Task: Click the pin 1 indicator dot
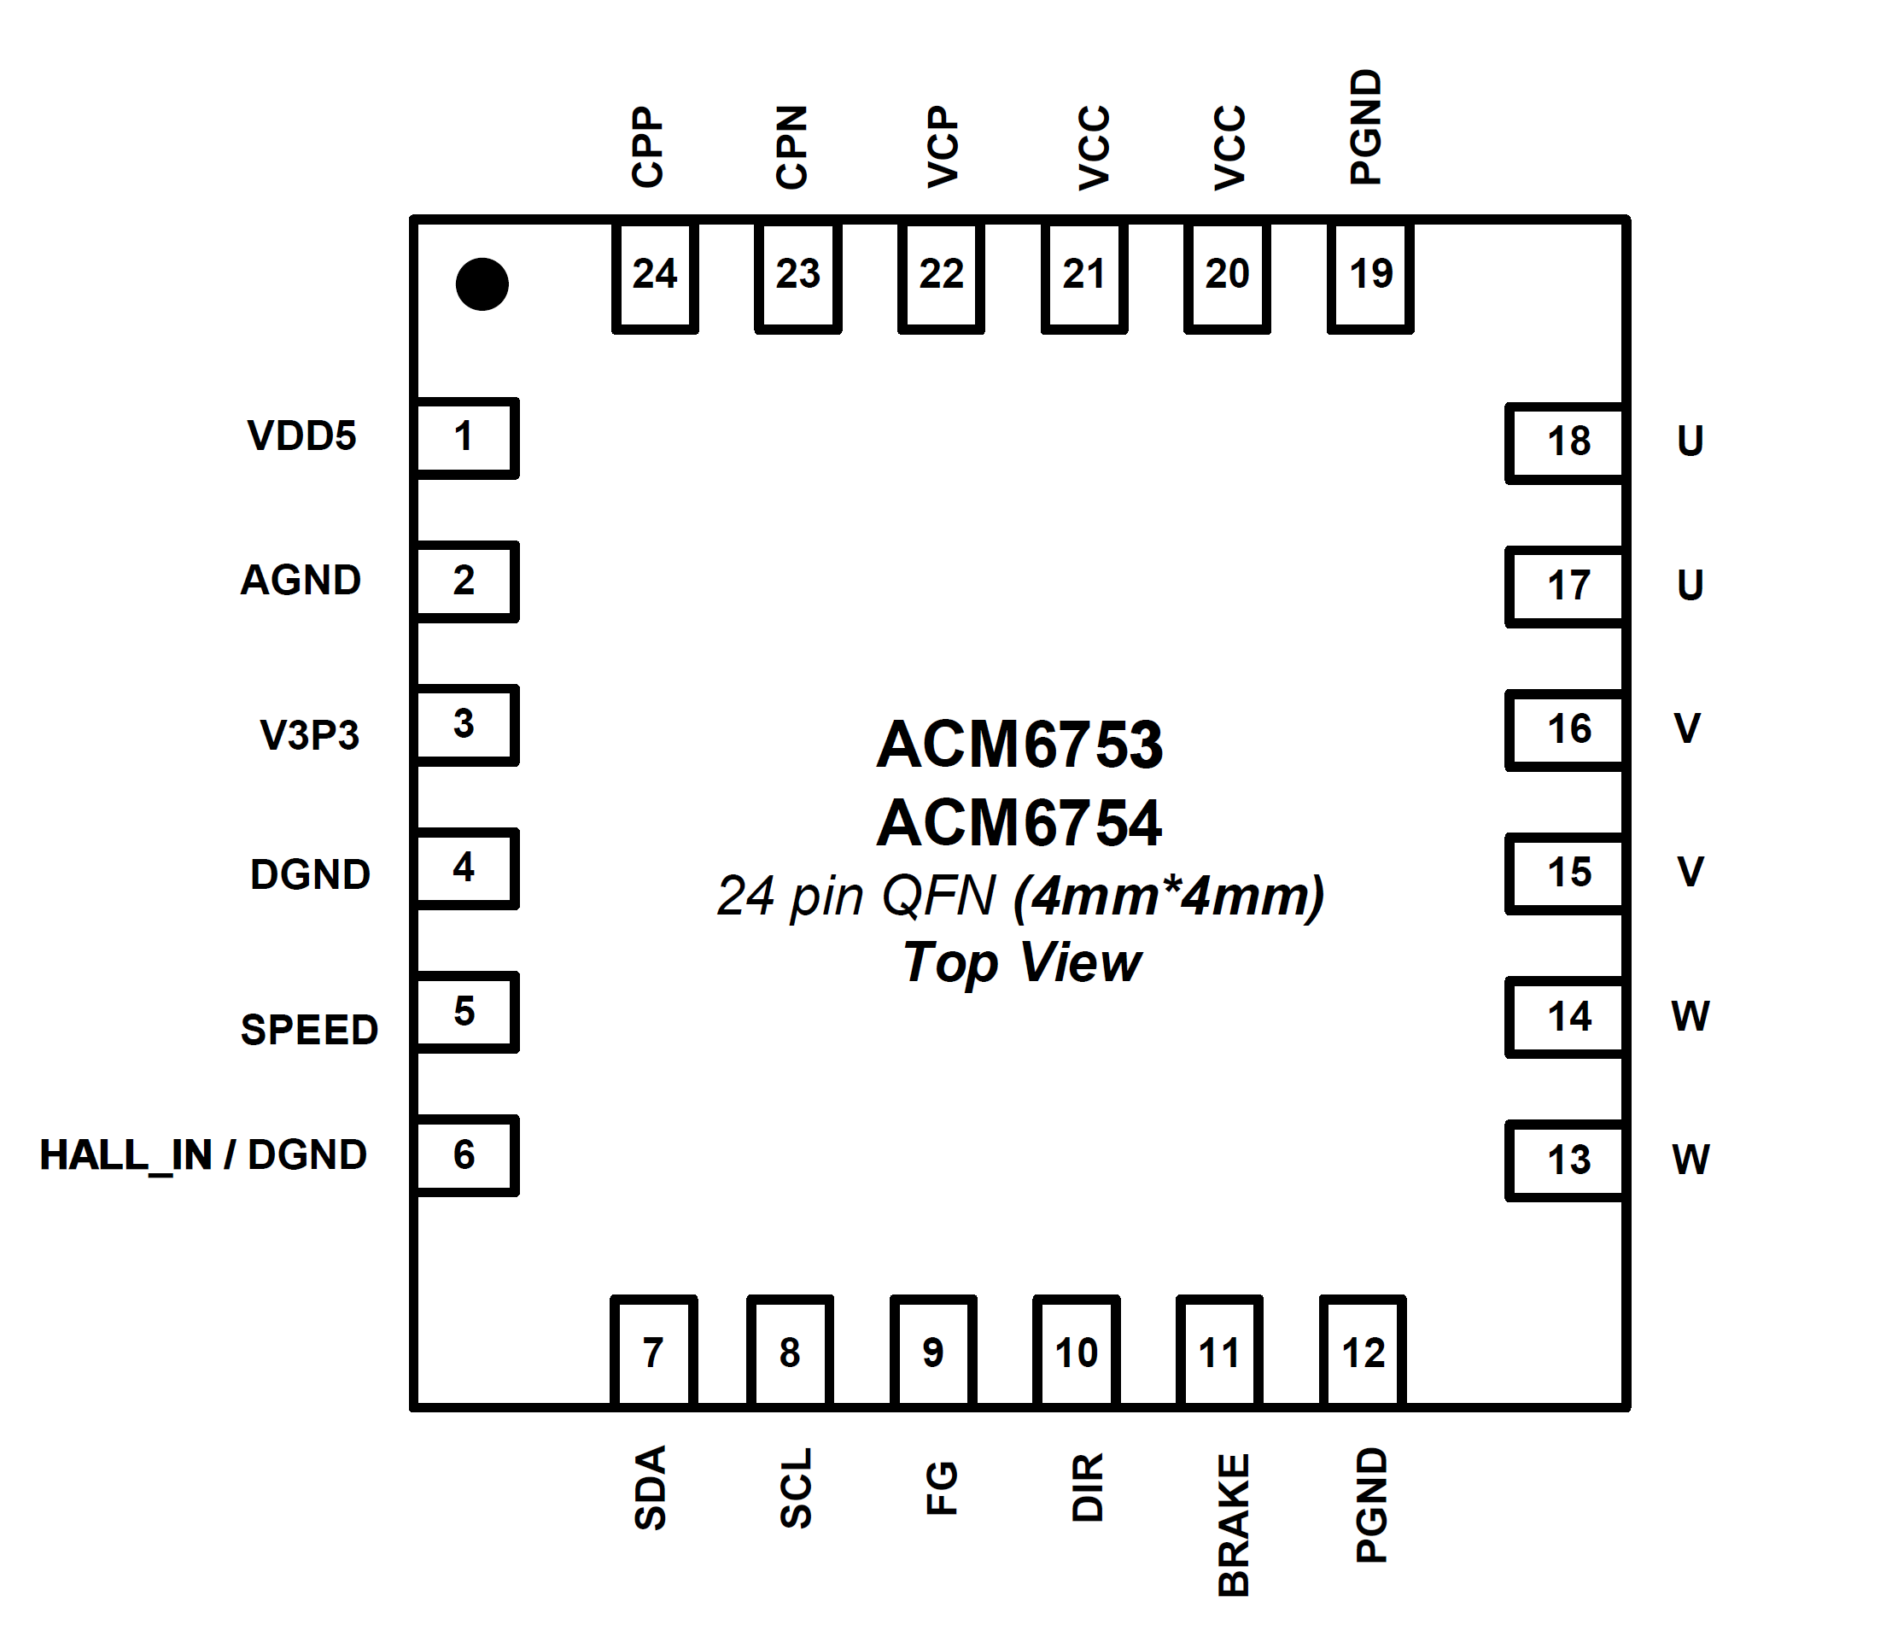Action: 482,284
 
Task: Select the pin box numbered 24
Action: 655,275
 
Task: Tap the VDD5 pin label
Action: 301,436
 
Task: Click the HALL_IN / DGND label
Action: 203,1156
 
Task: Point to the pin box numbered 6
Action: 465,1156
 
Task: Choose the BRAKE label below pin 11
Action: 1234,1525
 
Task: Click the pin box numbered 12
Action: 1363,1351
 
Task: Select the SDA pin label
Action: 650,1488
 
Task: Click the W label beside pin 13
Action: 1690,1160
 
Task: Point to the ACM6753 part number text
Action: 1019,744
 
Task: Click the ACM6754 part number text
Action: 1019,823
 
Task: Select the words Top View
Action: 1021,963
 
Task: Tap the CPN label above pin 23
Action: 791,147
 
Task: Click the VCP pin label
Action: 943,147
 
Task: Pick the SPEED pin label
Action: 309,1029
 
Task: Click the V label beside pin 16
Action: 1687,728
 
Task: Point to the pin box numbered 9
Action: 933,1351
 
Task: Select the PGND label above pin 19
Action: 1365,127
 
